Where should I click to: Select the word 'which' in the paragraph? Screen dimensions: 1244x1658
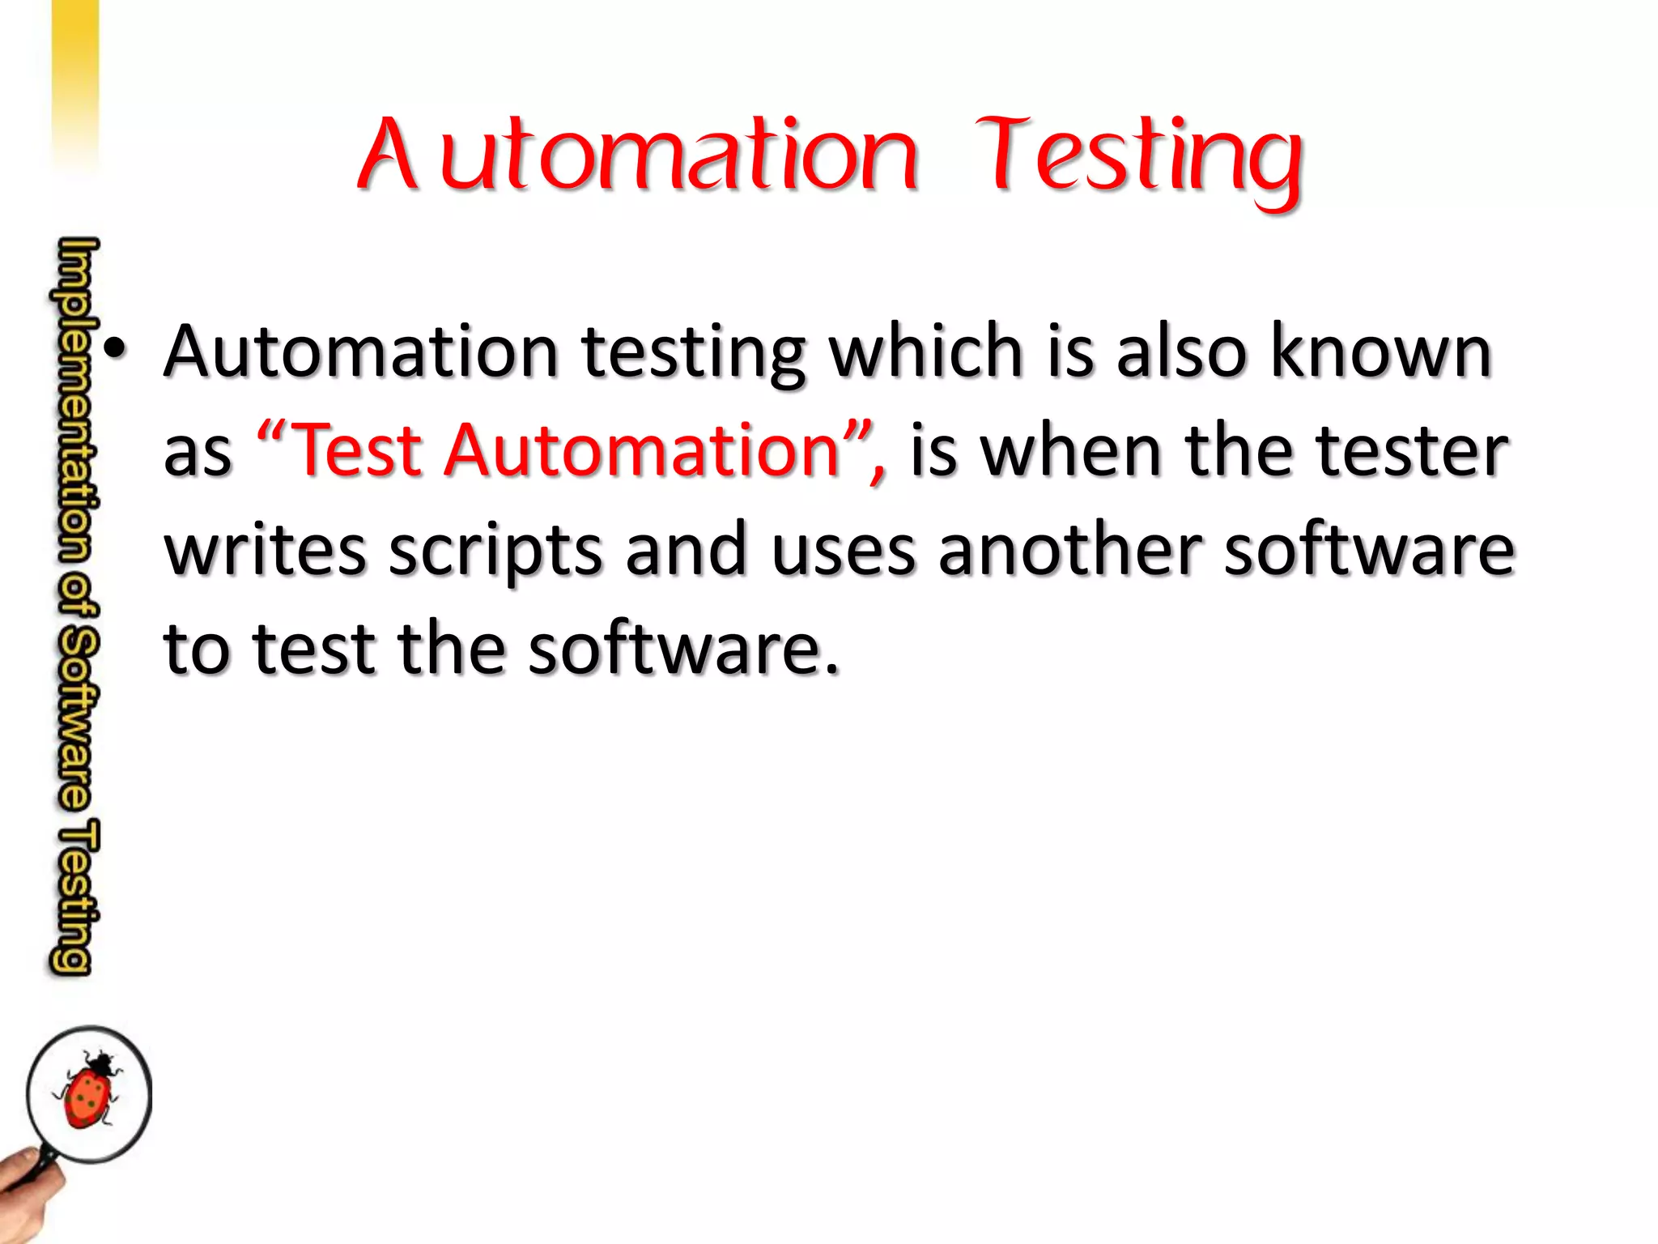[926, 351]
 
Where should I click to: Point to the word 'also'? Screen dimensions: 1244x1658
[1181, 351]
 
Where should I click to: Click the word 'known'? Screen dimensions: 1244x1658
[1381, 351]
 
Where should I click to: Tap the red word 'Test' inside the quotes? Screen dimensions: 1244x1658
[356, 450]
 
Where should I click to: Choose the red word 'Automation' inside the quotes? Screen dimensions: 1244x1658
[644, 450]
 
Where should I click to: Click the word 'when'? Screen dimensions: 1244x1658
[1073, 450]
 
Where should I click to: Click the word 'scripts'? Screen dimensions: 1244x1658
[495, 552]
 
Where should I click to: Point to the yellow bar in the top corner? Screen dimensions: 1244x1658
[74, 73]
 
